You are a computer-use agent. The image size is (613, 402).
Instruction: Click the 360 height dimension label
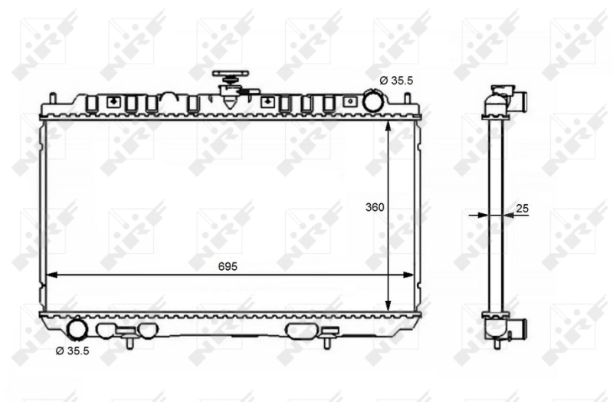[375, 207]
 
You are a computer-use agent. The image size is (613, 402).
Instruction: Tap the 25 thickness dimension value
[523, 208]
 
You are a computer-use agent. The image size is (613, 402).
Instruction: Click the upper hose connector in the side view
[519, 100]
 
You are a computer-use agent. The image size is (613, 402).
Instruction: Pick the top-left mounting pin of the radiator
[52, 97]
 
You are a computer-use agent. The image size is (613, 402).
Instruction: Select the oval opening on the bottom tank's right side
[300, 331]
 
